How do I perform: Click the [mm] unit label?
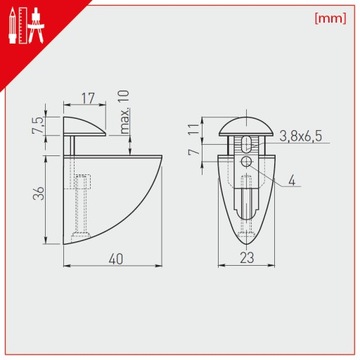coord(330,19)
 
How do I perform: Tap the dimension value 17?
coord(88,98)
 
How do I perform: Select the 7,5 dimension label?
coord(38,126)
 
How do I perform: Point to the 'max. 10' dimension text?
coord(124,112)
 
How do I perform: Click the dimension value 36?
coord(39,193)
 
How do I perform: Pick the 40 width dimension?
coord(116,259)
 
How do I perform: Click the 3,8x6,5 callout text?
coord(301,136)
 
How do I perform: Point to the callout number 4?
coord(292,180)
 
